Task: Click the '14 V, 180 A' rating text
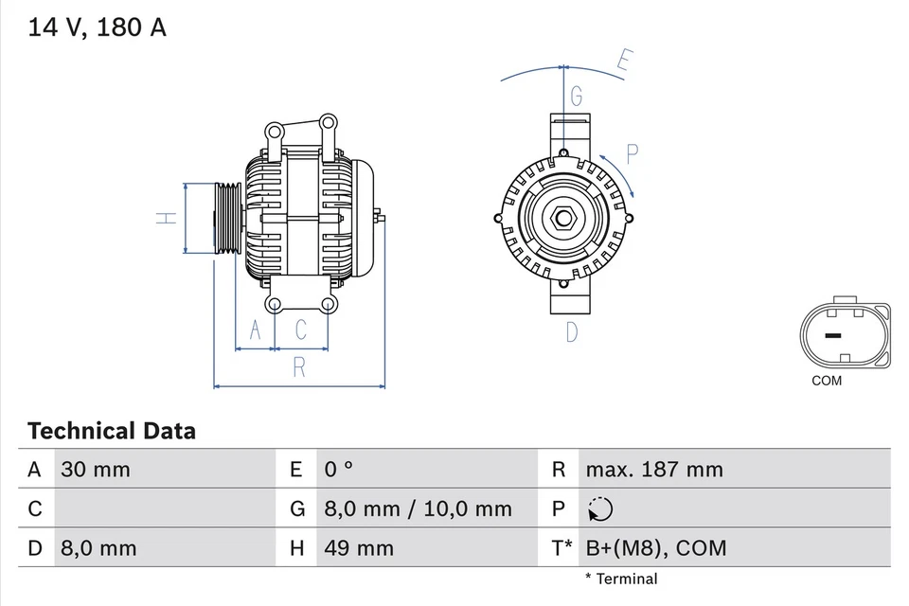click(x=97, y=27)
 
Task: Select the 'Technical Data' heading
click(x=112, y=432)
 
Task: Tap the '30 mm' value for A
click(x=96, y=469)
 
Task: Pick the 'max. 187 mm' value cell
click(x=653, y=469)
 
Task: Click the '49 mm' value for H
click(x=359, y=547)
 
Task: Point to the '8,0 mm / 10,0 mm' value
click(x=418, y=508)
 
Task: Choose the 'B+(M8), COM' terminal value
click(x=656, y=547)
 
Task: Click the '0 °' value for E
click(x=338, y=469)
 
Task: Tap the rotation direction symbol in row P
click(x=599, y=509)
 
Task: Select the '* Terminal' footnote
click(x=620, y=579)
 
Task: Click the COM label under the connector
click(x=826, y=381)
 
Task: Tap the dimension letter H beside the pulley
click(x=167, y=218)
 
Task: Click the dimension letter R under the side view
click(x=299, y=367)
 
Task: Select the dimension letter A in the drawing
click(x=254, y=330)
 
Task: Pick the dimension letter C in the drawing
click(x=300, y=330)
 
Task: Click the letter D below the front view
click(x=572, y=331)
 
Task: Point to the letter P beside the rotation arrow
click(x=633, y=154)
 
